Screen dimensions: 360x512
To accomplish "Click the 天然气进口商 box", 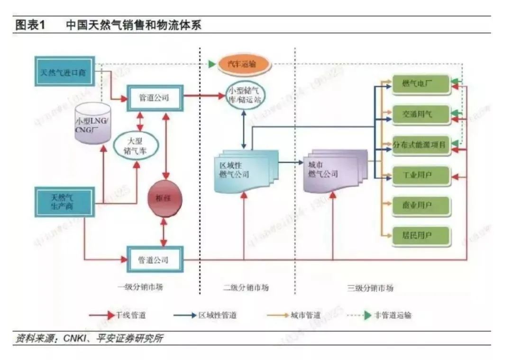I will (x=64, y=73).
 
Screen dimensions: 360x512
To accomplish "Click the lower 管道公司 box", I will (x=154, y=259).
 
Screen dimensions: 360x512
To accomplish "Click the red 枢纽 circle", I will (x=165, y=199).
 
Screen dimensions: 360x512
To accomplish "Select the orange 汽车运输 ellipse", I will (x=245, y=64).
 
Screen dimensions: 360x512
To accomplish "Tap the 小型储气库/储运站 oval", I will (x=245, y=95).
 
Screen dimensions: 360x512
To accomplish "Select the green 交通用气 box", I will (x=421, y=114).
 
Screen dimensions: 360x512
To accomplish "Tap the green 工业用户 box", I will (x=421, y=175).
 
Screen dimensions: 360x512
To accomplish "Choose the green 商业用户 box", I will (x=421, y=205).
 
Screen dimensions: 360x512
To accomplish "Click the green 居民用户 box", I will (x=421, y=234).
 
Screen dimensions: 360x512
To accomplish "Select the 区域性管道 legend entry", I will (x=217, y=315).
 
